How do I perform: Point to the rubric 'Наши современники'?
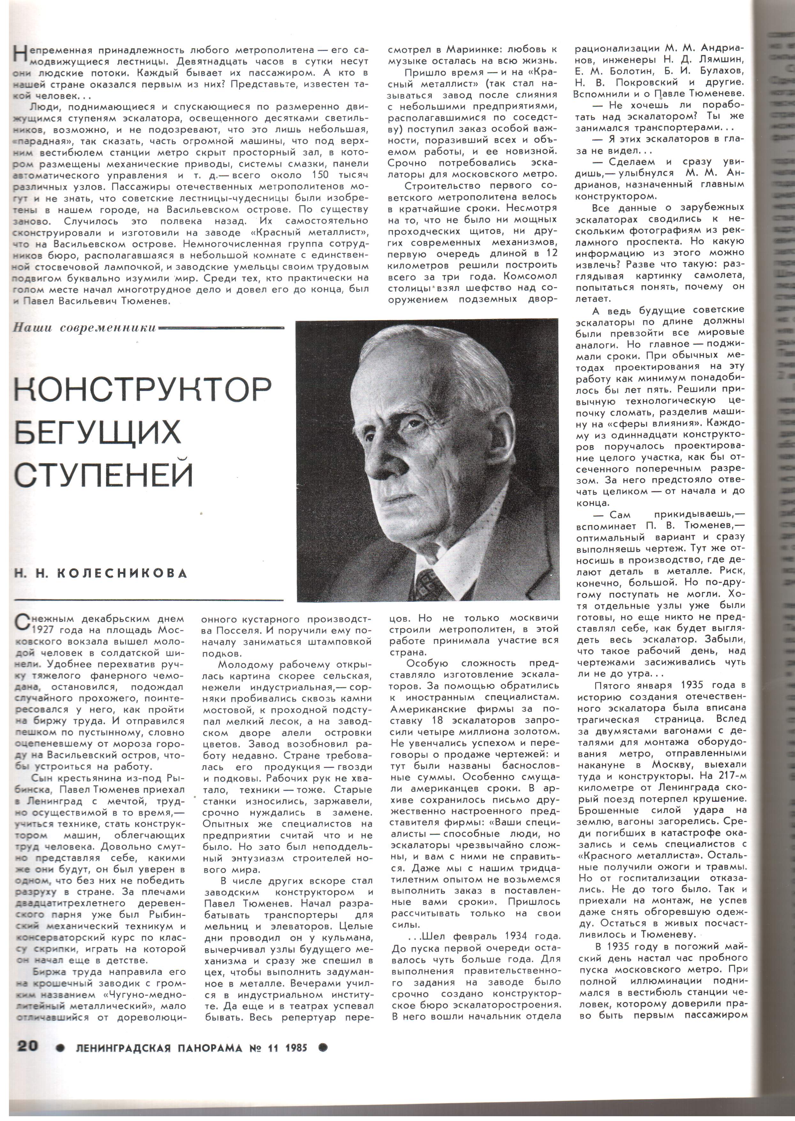coord(85,328)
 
